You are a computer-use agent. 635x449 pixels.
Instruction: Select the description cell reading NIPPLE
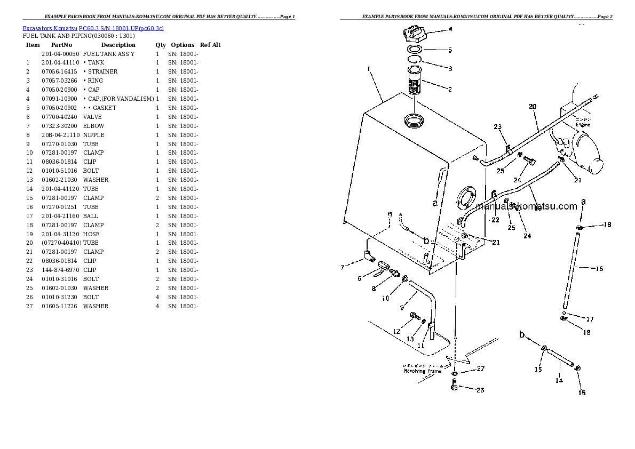[93, 135]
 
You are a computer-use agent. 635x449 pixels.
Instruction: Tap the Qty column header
[160, 45]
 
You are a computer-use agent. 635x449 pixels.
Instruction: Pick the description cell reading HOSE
[91, 234]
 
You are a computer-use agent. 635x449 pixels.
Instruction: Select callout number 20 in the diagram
[532, 106]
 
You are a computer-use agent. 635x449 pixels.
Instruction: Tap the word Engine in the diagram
[583, 125]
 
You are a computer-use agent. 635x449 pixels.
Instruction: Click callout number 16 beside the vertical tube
[599, 269]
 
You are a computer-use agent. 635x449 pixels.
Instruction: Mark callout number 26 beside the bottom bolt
[480, 390]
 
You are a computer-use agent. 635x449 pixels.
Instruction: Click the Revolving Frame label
[422, 371]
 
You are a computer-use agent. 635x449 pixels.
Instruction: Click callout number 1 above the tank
[368, 68]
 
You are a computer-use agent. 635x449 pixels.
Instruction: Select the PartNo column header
[61, 45]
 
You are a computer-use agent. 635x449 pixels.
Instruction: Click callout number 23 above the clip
[497, 127]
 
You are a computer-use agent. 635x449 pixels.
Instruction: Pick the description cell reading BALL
[90, 216]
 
